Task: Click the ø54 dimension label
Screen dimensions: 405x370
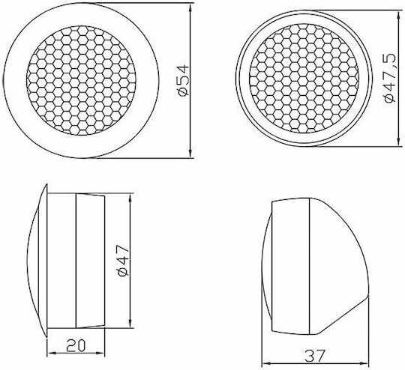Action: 184,80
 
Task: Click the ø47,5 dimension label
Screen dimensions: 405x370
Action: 390,78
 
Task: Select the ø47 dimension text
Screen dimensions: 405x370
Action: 123,261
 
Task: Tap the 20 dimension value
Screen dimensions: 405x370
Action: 76,345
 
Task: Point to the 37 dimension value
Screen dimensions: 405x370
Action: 313,356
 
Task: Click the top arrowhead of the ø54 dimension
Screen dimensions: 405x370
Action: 190,7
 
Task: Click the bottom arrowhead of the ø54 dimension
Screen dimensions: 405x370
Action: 190,154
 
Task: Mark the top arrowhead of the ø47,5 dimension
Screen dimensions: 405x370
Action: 397,14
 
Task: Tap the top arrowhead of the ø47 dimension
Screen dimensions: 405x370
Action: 130,197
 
